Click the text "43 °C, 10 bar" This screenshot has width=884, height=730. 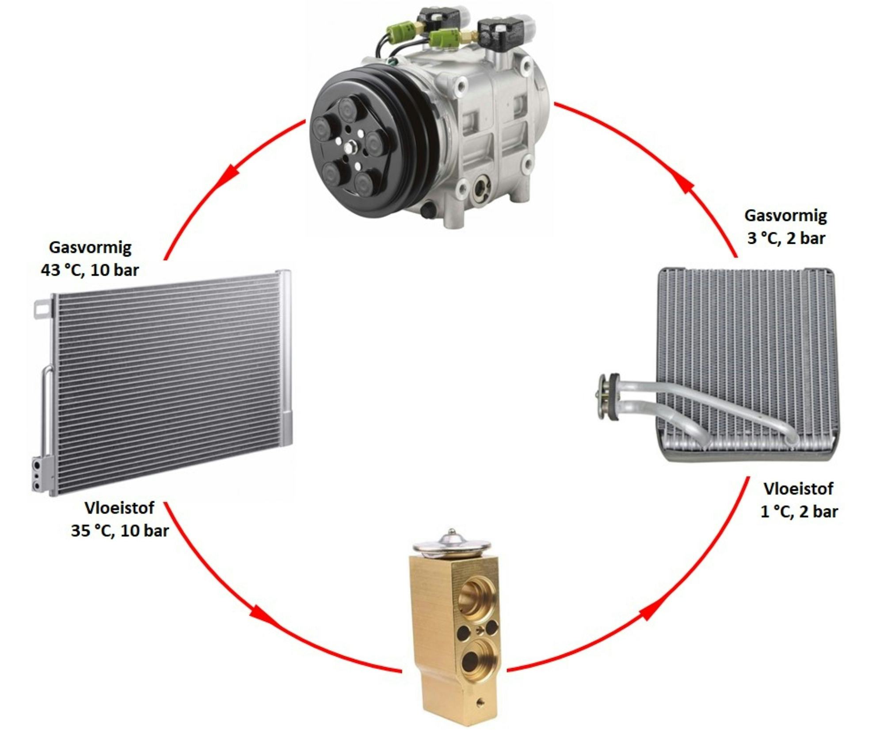(90, 270)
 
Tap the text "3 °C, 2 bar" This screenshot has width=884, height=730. (786, 238)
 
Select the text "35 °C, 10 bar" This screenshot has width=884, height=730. (120, 530)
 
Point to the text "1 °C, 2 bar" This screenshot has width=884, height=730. (799, 511)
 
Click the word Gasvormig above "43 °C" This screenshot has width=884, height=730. (90, 247)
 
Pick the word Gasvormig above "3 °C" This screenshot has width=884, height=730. (785, 215)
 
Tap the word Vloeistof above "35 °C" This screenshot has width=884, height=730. (119, 508)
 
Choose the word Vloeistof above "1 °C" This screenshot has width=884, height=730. (798, 488)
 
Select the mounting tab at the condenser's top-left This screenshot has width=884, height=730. (42, 307)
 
